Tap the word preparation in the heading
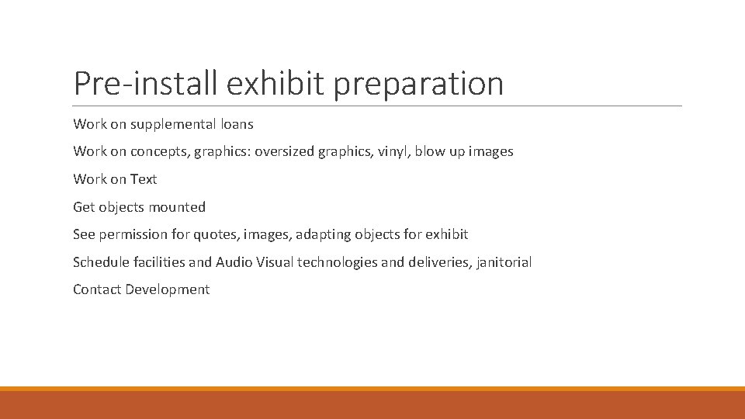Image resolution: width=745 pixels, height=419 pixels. coord(418,84)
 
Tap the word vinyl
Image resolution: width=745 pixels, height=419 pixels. coord(392,151)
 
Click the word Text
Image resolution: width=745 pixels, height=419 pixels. coord(144,179)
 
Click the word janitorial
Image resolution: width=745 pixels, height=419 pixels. coord(504,262)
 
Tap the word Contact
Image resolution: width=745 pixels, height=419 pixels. coord(97,289)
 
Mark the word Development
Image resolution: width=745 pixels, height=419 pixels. coord(168,289)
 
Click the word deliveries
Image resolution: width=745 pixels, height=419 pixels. coord(438,262)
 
